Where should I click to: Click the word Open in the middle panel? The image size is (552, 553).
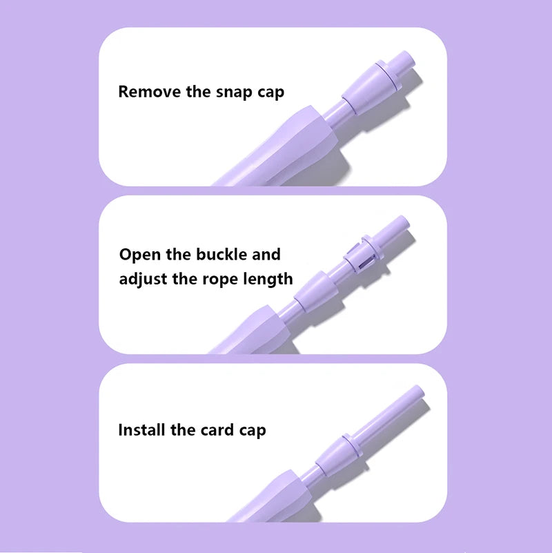[x=139, y=255]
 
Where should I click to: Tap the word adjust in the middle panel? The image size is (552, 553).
[x=143, y=280]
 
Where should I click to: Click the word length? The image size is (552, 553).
[x=268, y=280]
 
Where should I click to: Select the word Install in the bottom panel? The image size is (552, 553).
[x=141, y=430]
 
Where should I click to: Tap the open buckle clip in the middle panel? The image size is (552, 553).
[x=363, y=253]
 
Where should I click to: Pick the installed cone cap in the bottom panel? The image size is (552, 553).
[x=337, y=455]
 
